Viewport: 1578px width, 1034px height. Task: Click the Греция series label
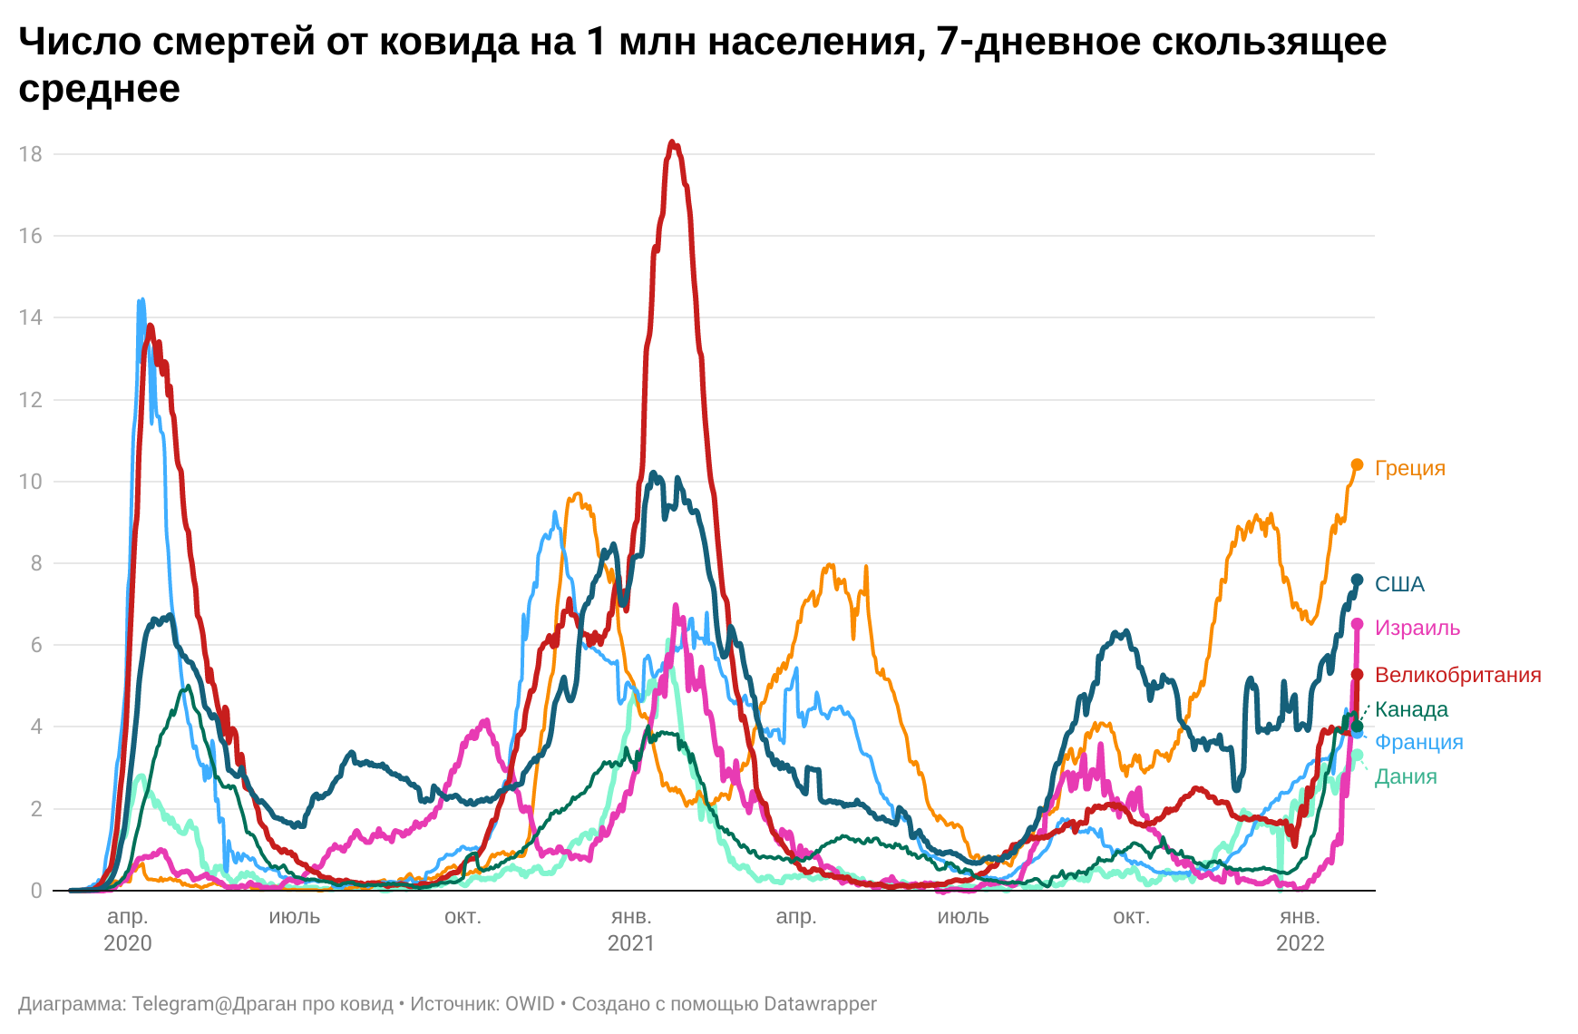(1409, 468)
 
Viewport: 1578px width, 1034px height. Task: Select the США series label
(1399, 584)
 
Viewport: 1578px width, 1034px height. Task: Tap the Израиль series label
(1417, 628)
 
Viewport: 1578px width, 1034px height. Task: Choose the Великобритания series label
(1457, 675)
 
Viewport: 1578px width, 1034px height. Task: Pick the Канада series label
(1411, 709)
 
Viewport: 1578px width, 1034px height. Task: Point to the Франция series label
(1418, 742)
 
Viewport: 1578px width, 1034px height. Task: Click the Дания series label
(1406, 776)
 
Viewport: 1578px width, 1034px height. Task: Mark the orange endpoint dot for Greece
(1357, 465)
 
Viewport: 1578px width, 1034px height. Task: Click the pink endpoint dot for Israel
(1357, 624)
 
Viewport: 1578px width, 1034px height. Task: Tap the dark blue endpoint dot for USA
(1357, 580)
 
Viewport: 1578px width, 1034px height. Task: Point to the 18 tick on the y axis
(31, 154)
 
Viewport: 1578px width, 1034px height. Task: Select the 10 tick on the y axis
(31, 482)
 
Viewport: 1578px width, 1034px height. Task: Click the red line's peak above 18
(672, 142)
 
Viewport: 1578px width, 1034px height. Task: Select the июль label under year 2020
(295, 917)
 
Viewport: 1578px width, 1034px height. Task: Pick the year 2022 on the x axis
(1300, 943)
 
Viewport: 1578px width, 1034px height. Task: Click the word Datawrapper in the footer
(820, 1004)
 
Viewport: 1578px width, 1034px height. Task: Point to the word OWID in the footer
(529, 1004)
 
